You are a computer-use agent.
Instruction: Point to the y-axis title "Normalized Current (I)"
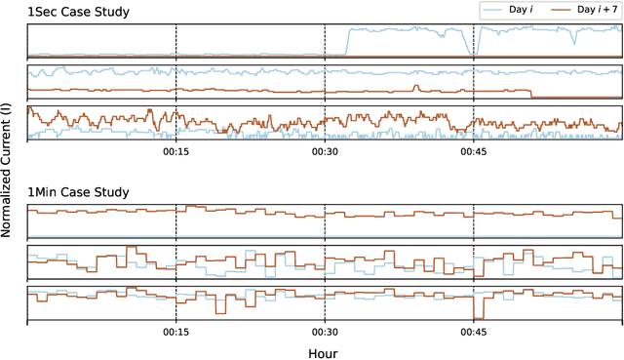[8, 176]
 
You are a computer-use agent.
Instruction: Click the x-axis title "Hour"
[324, 352]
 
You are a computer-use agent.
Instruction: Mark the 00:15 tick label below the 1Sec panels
[176, 152]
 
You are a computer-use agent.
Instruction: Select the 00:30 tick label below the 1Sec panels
[325, 152]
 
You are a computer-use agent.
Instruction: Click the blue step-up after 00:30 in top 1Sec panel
[348, 42]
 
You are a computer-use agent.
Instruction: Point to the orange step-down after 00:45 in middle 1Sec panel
[529, 95]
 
